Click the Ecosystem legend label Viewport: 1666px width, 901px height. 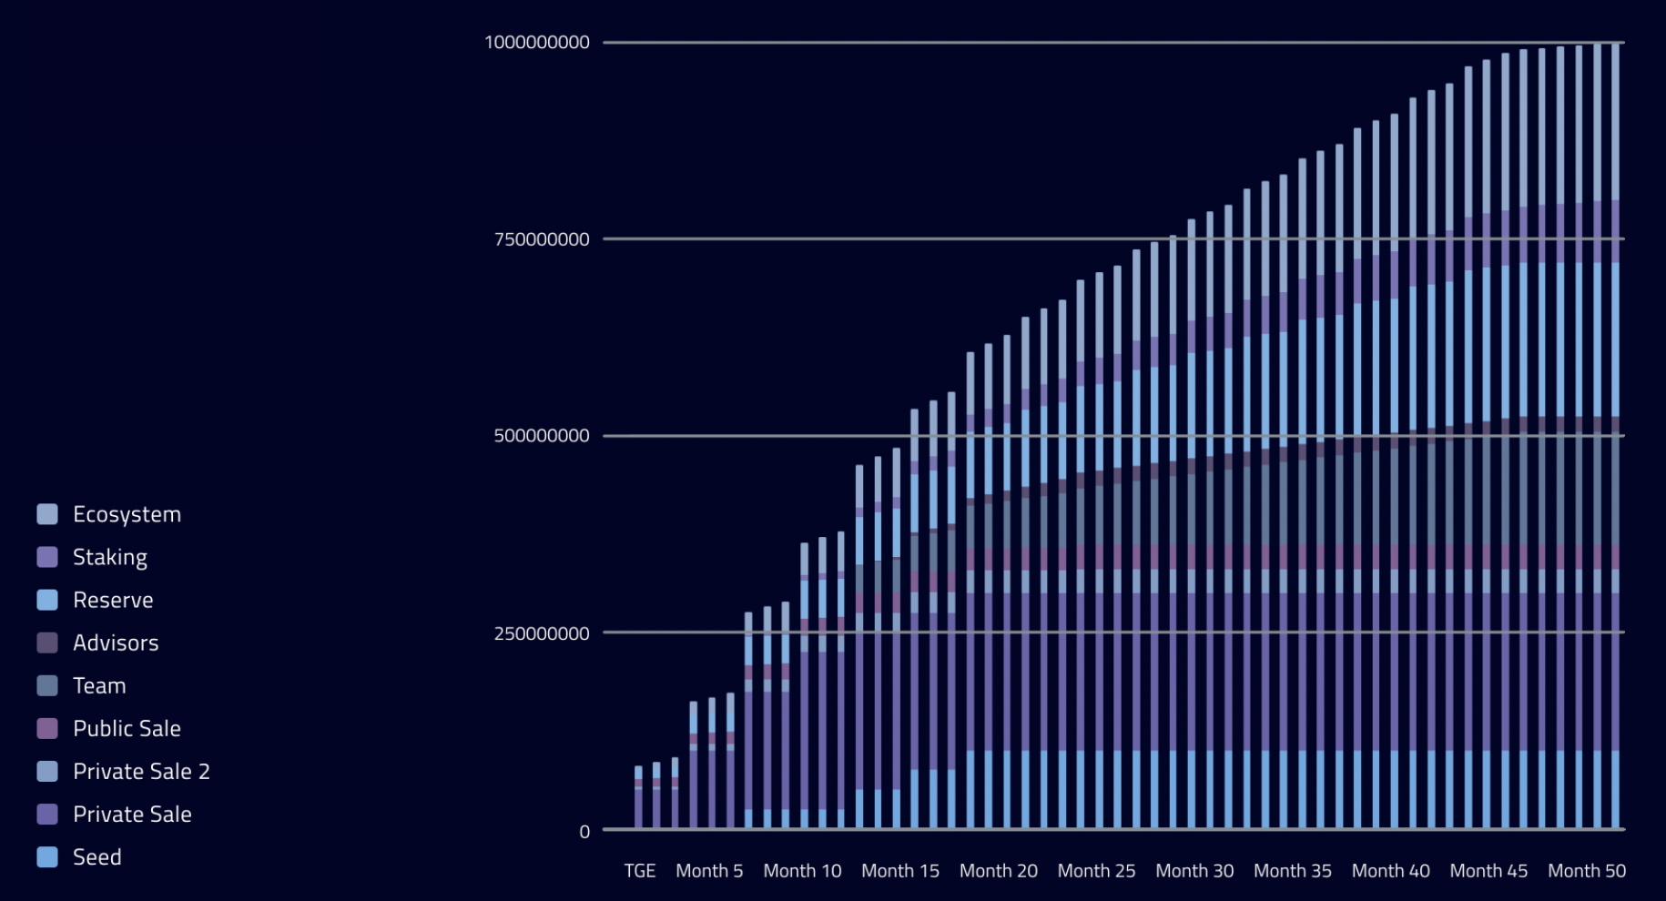click(x=127, y=514)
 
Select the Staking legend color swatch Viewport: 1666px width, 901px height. click(x=47, y=557)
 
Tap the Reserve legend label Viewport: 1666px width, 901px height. click(x=113, y=600)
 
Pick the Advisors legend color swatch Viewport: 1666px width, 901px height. click(x=47, y=643)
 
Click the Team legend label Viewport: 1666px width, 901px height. click(x=99, y=685)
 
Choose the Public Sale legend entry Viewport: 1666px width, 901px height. click(x=127, y=728)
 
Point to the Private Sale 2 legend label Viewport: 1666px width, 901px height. click(x=141, y=771)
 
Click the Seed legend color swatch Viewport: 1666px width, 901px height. click(x=47, y=856)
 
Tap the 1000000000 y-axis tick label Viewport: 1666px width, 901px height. click(x=537, y=42)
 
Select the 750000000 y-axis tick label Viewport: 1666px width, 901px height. click(x=542, y=239)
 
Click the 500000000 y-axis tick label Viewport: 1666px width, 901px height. click(x=542, y=436)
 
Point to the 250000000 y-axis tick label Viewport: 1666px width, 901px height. click(x=542, y=633)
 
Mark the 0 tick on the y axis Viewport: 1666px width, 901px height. click(x=584, y=831)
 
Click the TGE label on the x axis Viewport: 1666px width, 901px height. click(x=639, y=871)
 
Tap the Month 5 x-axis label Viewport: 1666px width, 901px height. click(x=709, y=871)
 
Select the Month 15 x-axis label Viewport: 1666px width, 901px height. click(x=899, y=871)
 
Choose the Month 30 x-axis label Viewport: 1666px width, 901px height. click(x=1194, y=871)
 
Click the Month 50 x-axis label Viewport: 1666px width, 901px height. click(x=1587, y=871)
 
